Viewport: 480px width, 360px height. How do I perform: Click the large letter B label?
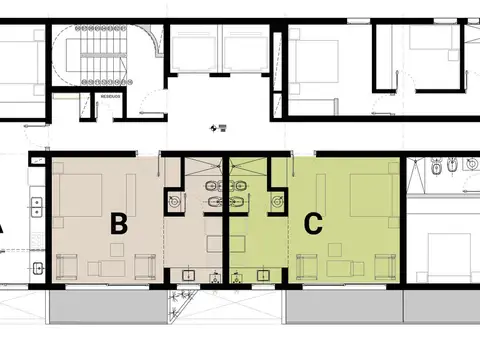(x=118, y=224)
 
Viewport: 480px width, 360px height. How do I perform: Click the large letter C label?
(x=313, y=224)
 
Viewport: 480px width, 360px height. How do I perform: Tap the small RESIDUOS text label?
(x=111, y=97)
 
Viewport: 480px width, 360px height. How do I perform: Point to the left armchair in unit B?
(x=70, y=266)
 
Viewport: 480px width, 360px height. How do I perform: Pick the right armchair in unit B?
(x=142, y=266)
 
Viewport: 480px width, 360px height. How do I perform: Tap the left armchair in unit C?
(x=308, y=266)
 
